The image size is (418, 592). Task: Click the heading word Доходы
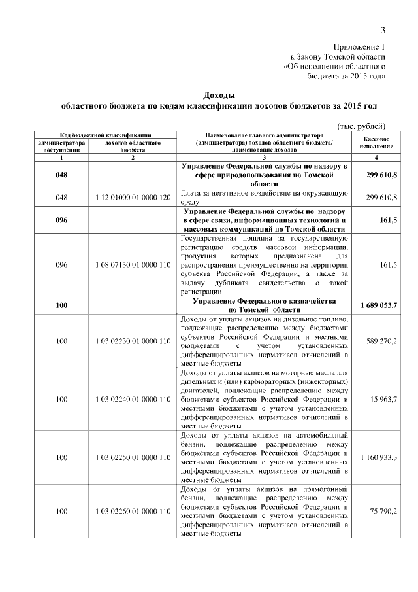tap(219, 95)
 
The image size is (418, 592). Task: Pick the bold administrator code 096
tap(62, 220)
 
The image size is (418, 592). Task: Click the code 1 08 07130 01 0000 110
tap(133, 265)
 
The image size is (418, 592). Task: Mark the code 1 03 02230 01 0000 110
tap(133, 341)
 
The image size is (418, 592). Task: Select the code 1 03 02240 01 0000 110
tap(133, 399)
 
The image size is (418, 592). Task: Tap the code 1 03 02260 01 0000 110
tap(133, 510)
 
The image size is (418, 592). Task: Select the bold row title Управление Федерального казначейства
tap(264, 300)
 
